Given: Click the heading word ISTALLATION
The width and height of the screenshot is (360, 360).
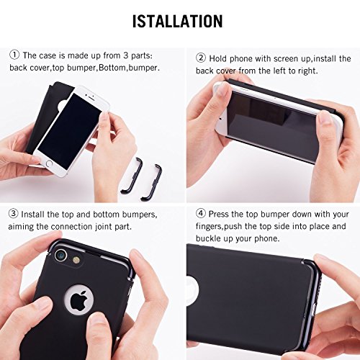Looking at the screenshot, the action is click(x=178, y=21).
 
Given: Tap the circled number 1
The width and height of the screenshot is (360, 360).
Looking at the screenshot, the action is click(x=14, y=55).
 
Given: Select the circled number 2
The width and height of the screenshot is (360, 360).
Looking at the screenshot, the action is click(x=201, y=58).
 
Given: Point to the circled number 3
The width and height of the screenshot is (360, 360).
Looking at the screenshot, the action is click(x=13, y=214).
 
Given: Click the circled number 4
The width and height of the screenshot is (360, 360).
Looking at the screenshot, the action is click(x=201, y=214).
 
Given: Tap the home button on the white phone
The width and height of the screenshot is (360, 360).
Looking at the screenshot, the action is click(x=49, y=163).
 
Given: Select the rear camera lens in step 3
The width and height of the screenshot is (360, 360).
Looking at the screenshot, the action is click(x=60, y=255).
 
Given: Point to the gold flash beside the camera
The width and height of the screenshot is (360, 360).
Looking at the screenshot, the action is click(x=76, y=261).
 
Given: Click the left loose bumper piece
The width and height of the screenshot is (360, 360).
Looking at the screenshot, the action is click(x=132, y=175).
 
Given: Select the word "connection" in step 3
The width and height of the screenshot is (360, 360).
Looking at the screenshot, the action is click(x=71, y=226).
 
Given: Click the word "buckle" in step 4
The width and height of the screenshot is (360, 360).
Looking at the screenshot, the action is click(x=209, y=238).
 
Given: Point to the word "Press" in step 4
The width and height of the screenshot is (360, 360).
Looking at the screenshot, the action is click(x=219, y=214).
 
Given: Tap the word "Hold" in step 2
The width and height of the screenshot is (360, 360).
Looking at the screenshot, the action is click(x=218, y=58).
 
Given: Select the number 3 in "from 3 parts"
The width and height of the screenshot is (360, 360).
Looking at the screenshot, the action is click(x=125, y=55).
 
